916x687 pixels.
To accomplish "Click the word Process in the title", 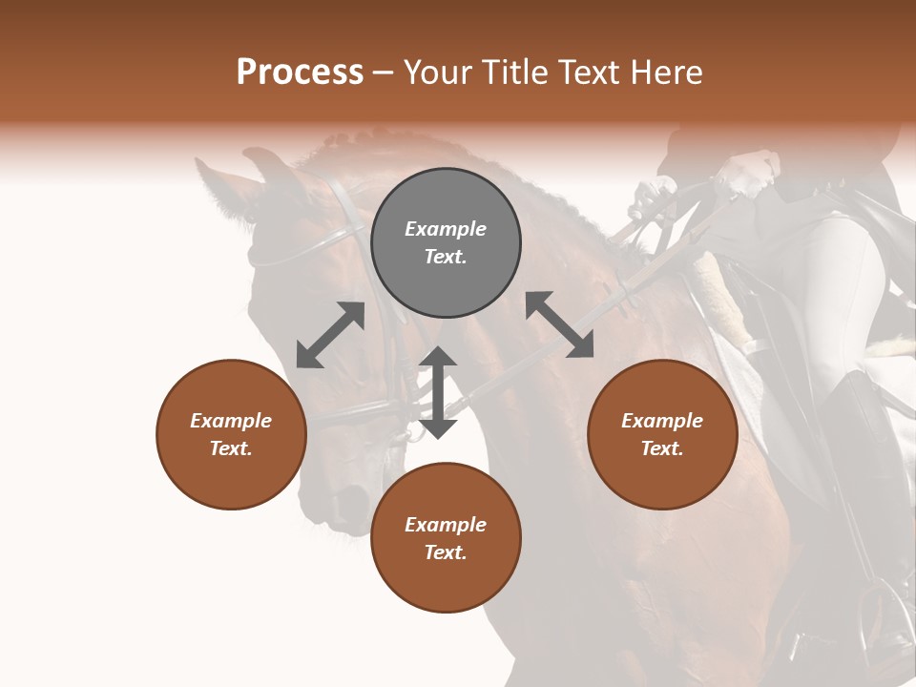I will coord(300,73).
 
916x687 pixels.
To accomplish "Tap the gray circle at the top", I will coord(446,243).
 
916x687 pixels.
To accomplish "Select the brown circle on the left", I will coord(231,434).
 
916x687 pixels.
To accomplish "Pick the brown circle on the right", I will coord(662,434).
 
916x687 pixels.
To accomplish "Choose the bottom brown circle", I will coord(446,537).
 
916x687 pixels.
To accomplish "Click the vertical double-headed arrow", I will coord(438,392).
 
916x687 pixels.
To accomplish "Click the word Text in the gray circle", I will coord(446,258).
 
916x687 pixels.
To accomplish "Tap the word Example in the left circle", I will coord(231,421).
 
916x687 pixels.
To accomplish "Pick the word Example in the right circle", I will coord(662,421).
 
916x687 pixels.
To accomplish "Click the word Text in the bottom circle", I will coord(446,552).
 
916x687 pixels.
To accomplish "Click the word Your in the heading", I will coord(437,73).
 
